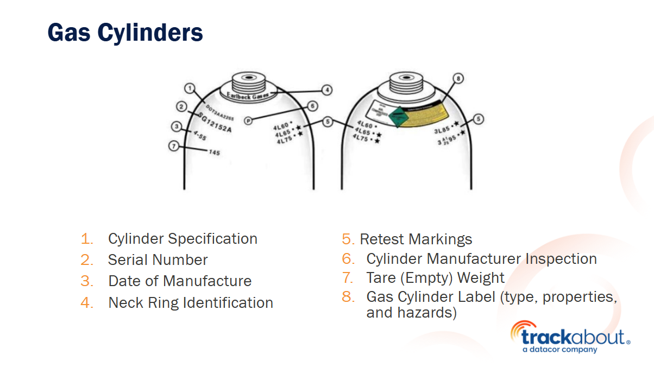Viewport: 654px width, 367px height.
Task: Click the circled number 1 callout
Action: click(x=189, y=88)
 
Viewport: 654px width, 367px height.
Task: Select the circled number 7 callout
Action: click(x=173, y=145)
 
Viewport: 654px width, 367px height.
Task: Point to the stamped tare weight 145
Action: click(x=215, y=153)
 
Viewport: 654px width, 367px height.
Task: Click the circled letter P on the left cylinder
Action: click(x=248, y=121)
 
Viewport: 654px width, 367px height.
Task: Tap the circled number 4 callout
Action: click(x=326, y=90)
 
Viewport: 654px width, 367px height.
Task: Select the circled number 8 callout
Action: click(x=458, y=79)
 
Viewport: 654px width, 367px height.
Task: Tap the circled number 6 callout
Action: click(x=312, y=106)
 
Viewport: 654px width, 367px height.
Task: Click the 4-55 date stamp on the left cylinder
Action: click(x=199, y=136)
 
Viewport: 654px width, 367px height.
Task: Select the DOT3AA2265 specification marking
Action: click(x=219, y=110)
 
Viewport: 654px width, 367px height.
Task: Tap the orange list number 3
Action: click(x=87, y=281)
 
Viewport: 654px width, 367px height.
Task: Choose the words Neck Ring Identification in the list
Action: click(x=191, y=302)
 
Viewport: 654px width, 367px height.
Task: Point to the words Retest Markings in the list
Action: click(x=416, y=239)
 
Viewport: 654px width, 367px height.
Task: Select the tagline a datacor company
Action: click(x=559, y=350)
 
